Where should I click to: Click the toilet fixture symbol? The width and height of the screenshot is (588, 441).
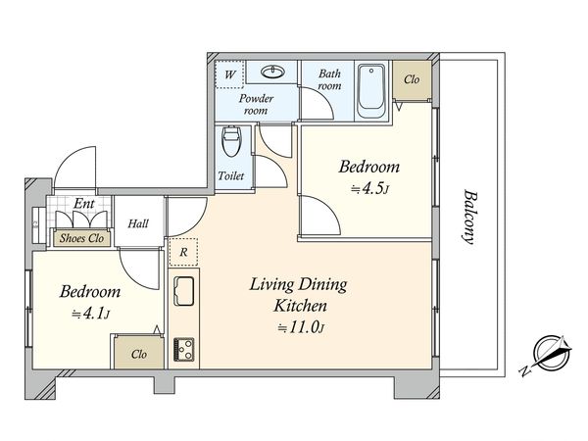click(231, 142)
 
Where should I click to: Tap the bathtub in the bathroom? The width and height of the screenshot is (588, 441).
click(370, 91)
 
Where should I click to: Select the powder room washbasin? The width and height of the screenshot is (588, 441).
click(273, 72)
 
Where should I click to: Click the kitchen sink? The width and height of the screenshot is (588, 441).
click(184, 291)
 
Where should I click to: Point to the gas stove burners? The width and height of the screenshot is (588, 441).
click(184, 350)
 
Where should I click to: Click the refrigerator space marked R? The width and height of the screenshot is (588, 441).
click(183, 252)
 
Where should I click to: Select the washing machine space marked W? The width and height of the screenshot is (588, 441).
click(229, 74)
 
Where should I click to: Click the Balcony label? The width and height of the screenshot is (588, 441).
click(469, 218)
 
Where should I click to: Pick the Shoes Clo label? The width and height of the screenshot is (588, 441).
click(81, 238)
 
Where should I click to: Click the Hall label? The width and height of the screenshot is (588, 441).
click(138, 223)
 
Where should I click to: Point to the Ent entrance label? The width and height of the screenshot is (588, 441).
click(84, 204)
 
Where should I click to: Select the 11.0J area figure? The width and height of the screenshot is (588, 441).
click(301, 327)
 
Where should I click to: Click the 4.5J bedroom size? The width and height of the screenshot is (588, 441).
click(369, 188)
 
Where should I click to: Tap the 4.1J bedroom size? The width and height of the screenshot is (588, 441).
click(90, 314)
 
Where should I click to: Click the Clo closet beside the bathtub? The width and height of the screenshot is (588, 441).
click(412, 79)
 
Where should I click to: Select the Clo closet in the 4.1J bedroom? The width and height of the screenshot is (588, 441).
click(139, 354)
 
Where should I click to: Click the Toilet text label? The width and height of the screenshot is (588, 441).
click(231, 175)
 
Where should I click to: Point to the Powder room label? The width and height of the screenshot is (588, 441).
click(256, 104)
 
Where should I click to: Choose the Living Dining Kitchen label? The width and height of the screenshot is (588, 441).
click(299, 295)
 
